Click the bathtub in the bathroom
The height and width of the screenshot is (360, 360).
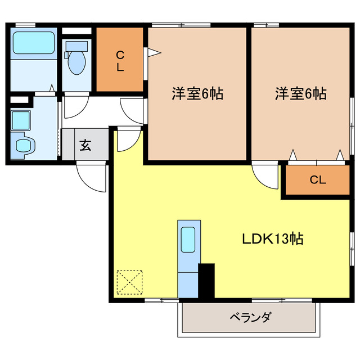[x=34, y=43]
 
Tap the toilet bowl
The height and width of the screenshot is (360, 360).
[x=77, y=62]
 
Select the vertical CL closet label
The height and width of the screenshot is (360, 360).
[x=120, y=61]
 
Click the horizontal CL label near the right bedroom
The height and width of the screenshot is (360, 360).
[x=318, y=180]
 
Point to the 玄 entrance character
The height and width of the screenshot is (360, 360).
[x=85, y=145]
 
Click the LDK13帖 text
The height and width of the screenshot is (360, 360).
[x=273, y=238]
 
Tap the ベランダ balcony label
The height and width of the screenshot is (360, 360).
[x=250, y=317]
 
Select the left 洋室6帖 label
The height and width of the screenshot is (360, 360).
[x=197, y=93]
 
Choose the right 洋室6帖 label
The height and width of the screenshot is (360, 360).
[x=300, y=93]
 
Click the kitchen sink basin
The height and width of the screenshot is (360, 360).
[x=188, y=240]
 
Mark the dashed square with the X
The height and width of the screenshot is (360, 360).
[x=129, y=282]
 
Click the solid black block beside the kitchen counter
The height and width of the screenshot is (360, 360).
[x=206, y=281]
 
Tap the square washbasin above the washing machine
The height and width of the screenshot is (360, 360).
[x=21, y=120]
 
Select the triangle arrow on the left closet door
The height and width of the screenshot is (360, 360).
[x=154, y=52]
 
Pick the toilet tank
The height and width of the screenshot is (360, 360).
[x=76, y=46]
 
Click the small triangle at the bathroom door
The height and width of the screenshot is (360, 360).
[x=52, y=88]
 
